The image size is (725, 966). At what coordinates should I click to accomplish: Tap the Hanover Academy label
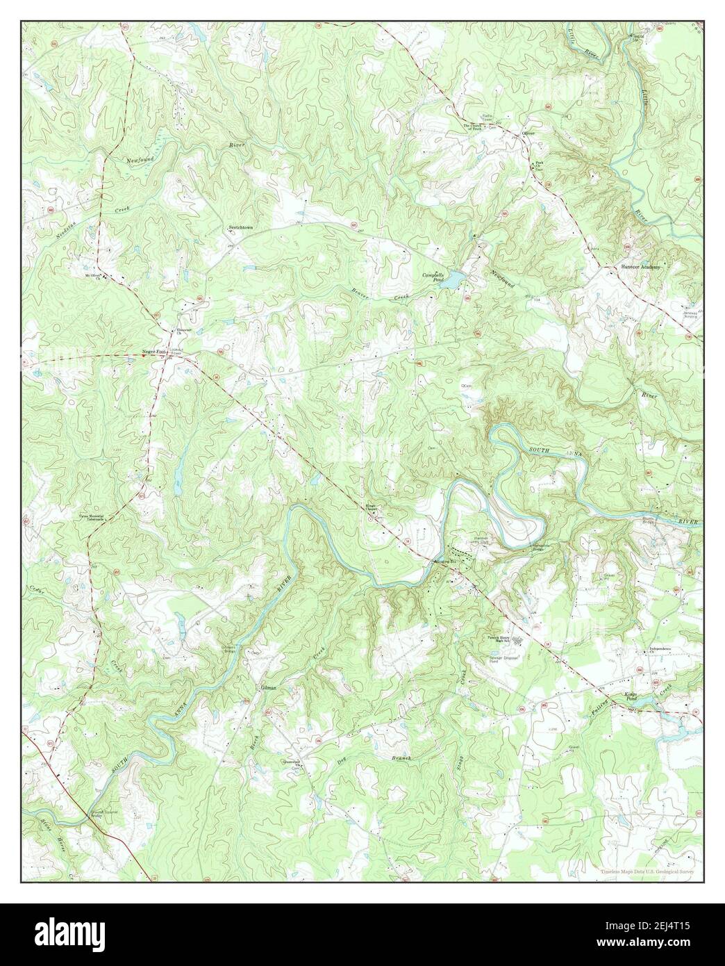coord(640,266)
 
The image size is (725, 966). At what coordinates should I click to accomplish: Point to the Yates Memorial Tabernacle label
coord(95,518)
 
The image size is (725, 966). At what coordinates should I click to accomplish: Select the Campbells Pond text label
coord(434,277)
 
